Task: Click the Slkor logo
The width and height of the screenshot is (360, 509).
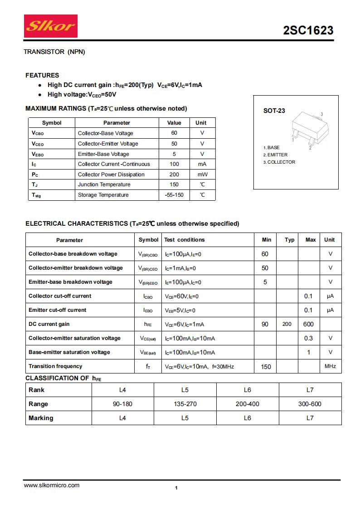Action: tap(50, 26)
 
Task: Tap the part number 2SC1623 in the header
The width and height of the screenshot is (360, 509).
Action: tap(308, 30)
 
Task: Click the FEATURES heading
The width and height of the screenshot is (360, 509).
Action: tap(42, 75)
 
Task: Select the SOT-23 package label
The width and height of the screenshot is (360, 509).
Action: tap(274, 111)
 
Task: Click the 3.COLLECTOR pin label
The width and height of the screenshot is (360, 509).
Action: tap(279, 162)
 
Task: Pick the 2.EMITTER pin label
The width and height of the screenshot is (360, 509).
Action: tap(275, 155)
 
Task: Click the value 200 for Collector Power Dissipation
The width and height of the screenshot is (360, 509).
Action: tap(174, 175)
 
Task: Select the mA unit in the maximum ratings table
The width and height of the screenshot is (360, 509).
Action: tap(202, 164)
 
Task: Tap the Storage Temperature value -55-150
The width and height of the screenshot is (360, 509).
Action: tap(174, 195)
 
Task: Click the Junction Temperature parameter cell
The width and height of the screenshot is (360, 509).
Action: tap(104, 184)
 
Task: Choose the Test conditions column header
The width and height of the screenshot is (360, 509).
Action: tap(185, 240)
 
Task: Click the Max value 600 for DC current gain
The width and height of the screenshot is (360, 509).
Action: tap(309, 324)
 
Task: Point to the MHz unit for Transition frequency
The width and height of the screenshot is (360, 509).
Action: tap(330, 366)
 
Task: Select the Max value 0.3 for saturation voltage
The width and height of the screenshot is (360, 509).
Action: tap(309, 338)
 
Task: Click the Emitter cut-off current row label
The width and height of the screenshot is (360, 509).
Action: tap(57, 310)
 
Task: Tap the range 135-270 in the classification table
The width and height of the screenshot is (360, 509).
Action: tap(185, 404)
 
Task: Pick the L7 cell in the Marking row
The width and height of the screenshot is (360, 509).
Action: tap(310, 418)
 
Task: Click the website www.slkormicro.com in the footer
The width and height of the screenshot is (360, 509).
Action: tap(51, 485)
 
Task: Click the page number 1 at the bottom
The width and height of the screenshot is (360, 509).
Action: tap(176, 488)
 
